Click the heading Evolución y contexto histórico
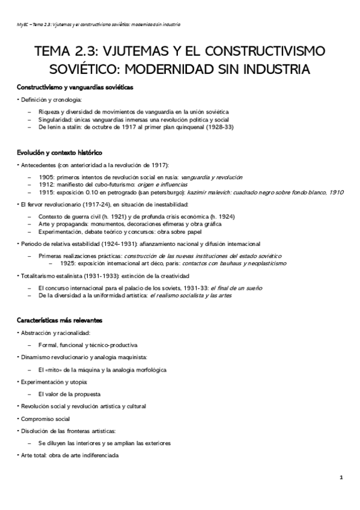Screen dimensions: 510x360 tap(60, 153)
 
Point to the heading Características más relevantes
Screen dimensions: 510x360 tap(59, 320)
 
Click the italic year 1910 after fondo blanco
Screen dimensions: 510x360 tap(337, 192)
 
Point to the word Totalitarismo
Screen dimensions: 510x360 tap(40, 276)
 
